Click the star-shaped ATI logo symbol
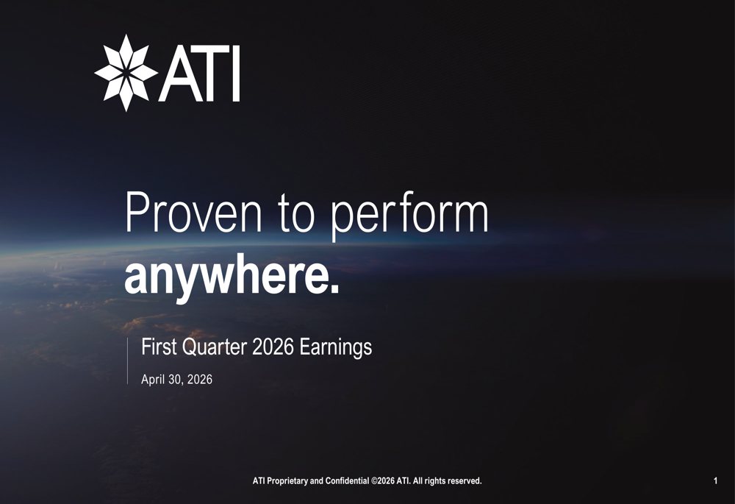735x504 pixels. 126,73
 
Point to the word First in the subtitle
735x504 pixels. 159,347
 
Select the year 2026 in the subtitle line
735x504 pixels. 273,347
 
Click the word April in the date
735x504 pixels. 154,380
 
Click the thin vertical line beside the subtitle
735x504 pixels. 127,361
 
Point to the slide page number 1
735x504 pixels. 715,480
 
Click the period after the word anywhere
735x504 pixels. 334,289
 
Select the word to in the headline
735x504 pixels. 296,216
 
